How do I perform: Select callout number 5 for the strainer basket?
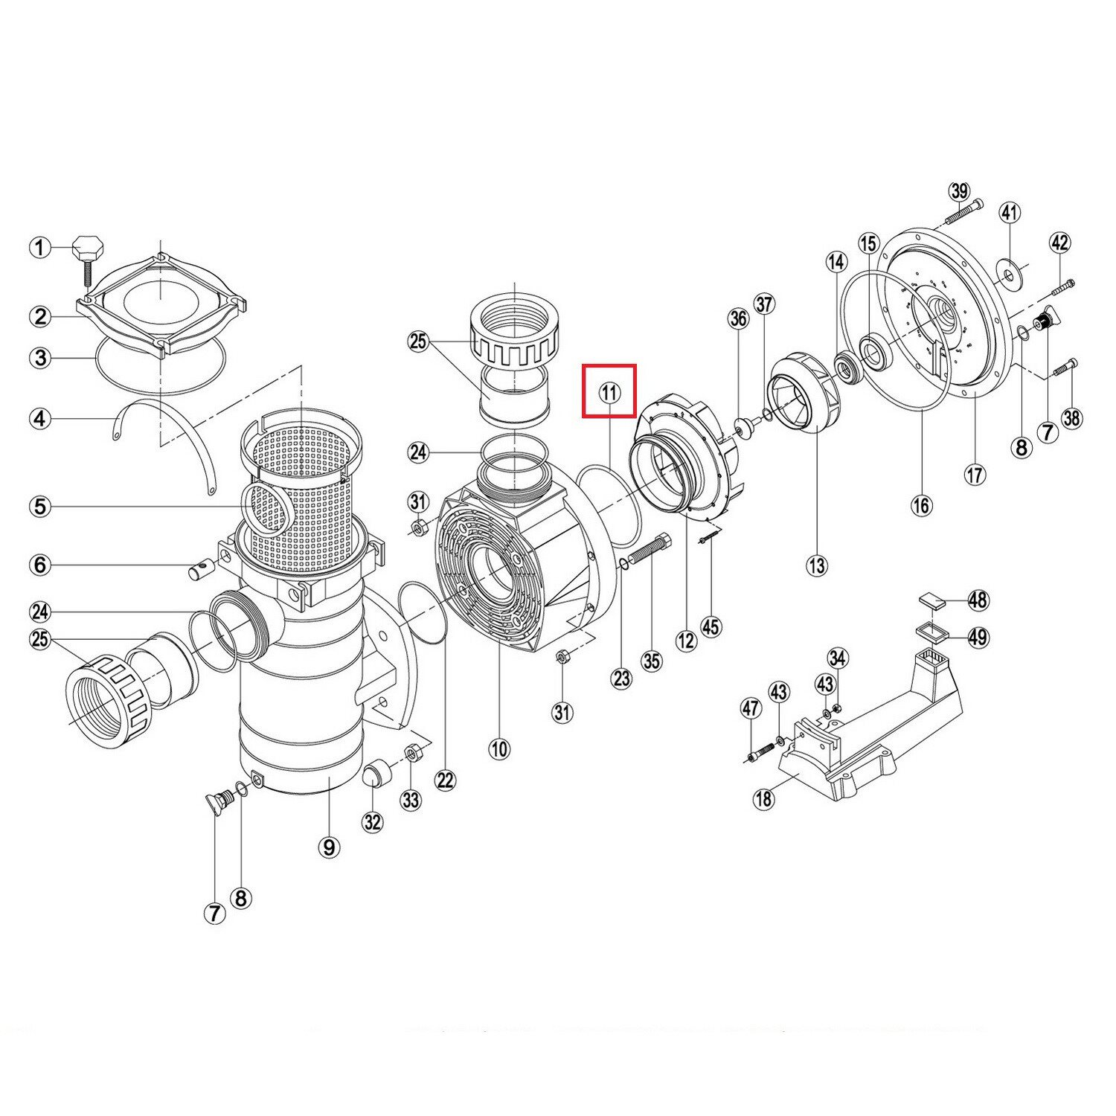(40, 507)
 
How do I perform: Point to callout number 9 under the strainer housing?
(329, 847)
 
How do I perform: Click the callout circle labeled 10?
(499, 748)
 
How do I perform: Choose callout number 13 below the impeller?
(817, 565)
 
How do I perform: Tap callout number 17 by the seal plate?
(975, 474)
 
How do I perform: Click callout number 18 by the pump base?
(764, 799)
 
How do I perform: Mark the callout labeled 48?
(978, 600)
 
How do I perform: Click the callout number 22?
(445, 780)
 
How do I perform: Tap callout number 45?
(711, 626)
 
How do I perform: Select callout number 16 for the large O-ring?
(921, 506)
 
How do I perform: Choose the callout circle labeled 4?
(40, 419)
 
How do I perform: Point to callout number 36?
(738, 319)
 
